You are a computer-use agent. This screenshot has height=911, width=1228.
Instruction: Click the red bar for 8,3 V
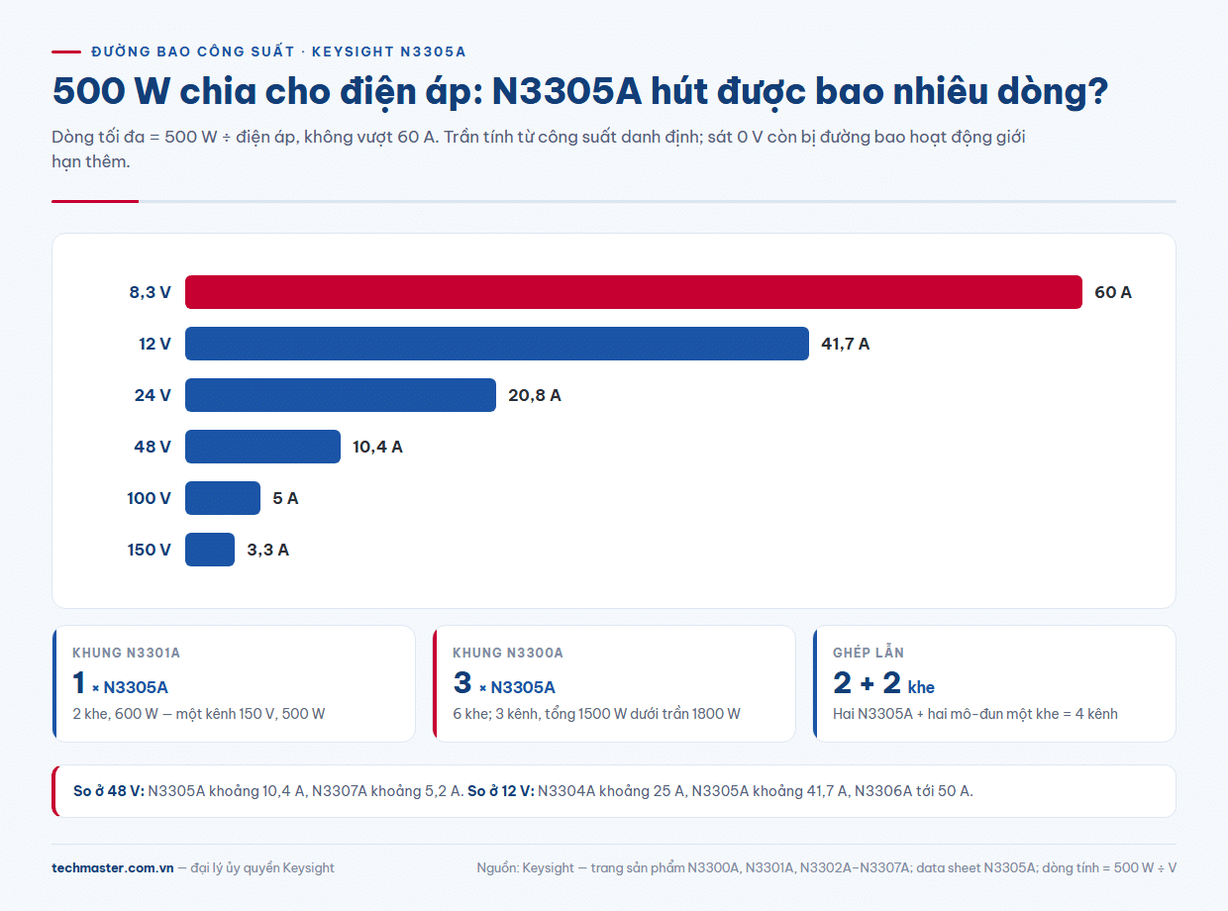634,292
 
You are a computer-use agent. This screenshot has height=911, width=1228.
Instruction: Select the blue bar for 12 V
496,344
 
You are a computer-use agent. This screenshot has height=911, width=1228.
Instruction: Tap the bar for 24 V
341,395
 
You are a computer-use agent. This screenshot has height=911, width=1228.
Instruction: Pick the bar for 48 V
262,447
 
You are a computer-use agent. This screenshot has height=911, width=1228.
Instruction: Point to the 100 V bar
223,498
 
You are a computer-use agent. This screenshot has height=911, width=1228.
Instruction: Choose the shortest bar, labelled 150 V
210,550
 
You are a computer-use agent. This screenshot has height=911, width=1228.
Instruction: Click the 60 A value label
1113,292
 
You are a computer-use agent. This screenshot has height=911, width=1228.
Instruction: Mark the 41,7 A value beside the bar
845,344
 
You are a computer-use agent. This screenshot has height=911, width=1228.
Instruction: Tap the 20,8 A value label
534,395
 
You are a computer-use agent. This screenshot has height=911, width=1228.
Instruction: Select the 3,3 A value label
267,550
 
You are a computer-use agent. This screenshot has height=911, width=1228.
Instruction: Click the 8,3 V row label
151,292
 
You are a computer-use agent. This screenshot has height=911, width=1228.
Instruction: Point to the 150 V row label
149,550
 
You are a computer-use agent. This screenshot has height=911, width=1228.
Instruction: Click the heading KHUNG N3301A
126,653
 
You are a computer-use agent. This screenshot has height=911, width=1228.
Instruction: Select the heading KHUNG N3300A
508,653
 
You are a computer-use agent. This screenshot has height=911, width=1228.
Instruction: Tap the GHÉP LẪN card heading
869,653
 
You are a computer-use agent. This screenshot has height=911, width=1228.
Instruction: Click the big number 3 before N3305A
462,682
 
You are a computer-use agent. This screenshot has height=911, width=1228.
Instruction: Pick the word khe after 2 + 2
921,687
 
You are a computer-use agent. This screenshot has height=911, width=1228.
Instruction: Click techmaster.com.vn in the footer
112,867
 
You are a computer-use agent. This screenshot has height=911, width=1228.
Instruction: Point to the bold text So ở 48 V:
109,791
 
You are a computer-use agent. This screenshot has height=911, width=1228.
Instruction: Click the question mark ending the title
1096,91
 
